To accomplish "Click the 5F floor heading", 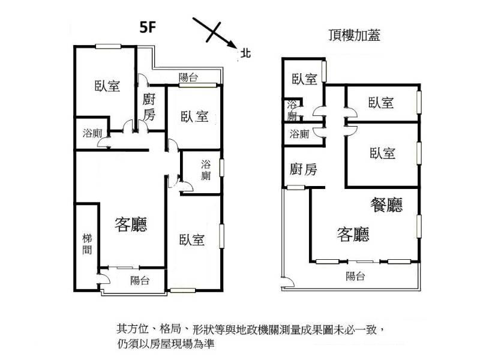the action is tap(148, 27).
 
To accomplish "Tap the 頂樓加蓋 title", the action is tap(354, 35).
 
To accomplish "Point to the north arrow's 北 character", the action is tap(245, 53).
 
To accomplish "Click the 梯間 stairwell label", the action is tap(87, 244).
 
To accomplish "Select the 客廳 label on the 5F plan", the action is tap(131, 224).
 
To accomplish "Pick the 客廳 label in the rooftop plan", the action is tap(353, 234).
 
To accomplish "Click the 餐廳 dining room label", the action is tap(386, 205).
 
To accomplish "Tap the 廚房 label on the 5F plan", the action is tap(149, 107).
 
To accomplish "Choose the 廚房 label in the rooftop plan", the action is tap(303, 169).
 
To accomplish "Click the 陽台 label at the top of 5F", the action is tap(188, 77).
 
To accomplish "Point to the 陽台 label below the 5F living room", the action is tap(140, 280).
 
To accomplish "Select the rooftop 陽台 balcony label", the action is tap(355, 276).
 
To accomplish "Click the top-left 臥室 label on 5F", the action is tap(107, 86).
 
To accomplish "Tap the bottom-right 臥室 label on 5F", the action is tap(191, 239).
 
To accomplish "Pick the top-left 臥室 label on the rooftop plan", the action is tap(304, 79).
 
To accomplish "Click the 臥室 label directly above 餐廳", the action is tap(382, 153).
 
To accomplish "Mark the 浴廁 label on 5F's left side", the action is tap(92, 133).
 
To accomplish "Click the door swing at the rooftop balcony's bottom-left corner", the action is tap(288, 282).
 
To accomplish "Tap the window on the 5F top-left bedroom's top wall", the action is tap(108, 47).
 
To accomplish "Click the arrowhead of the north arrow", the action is tap(233, 44).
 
